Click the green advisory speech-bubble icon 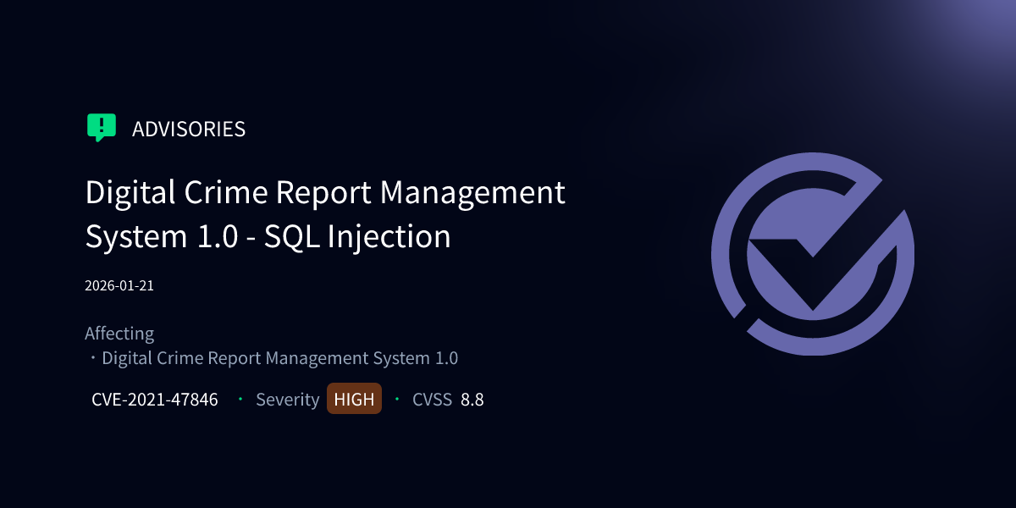(101, 128)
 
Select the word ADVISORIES (189, 130)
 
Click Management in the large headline (472, 193)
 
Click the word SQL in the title (291, 236)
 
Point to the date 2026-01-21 (119, 285)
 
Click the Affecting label (119, 334)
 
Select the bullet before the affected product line (92, 358)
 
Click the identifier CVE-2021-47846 (155, 400)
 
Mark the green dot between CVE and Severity (240, 399)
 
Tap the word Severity (287, 400)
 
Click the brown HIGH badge (354, 400)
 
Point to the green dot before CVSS (397, 399)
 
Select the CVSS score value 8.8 (472, 400)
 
